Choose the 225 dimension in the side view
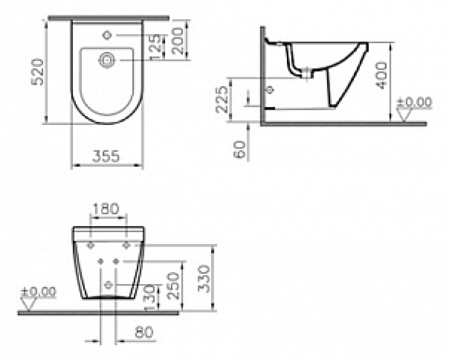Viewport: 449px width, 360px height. (223, 99)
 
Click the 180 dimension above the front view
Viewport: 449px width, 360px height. (106, 209)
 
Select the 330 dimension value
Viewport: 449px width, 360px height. (204, 278)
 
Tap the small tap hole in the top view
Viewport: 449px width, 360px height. (107, 35)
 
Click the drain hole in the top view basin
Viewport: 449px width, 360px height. (107, 59)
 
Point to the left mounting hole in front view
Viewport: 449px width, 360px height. (91, 245)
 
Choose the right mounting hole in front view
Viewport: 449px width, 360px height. (127, 245)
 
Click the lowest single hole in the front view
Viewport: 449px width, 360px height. (108, 284)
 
